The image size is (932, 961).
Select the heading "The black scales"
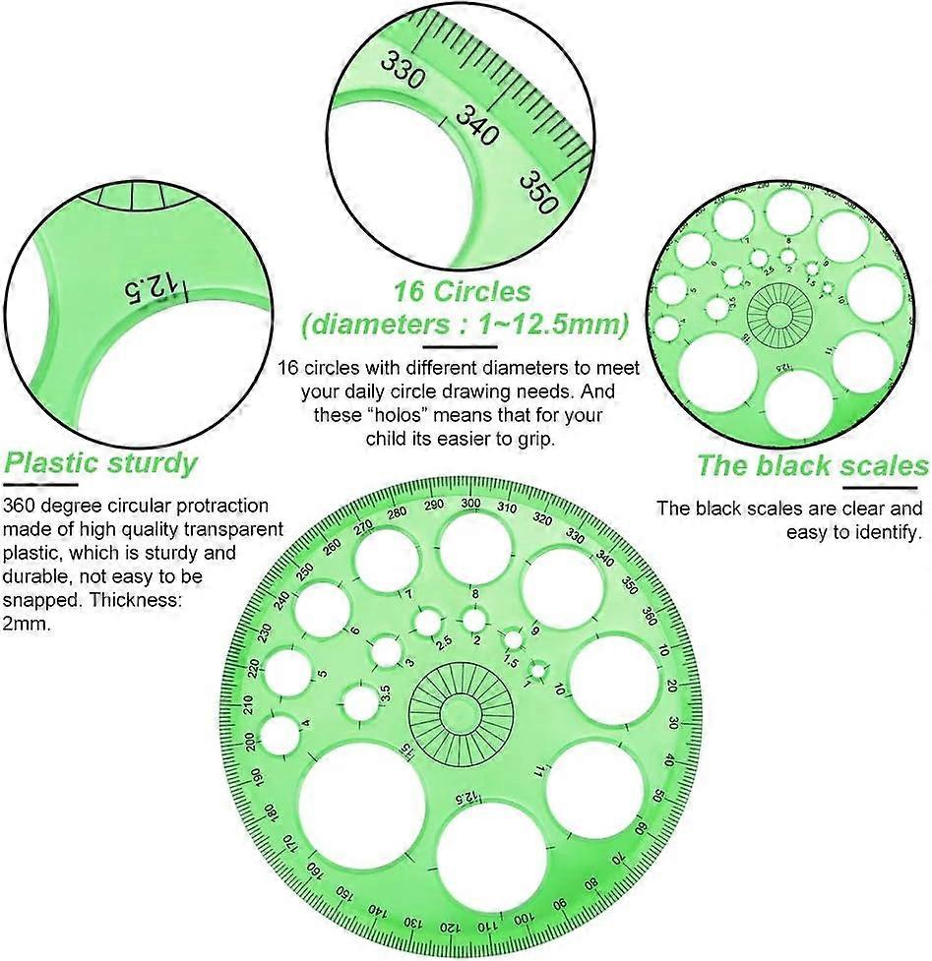click(812, 465)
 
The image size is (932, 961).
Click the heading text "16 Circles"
click(462, 291)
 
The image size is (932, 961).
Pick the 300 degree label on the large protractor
click(470, 504)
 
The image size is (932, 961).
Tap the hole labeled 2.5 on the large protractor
click(428, 622)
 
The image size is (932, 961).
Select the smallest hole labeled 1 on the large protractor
click(537, 673)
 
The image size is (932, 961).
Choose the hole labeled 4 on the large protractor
click(280, 735)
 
